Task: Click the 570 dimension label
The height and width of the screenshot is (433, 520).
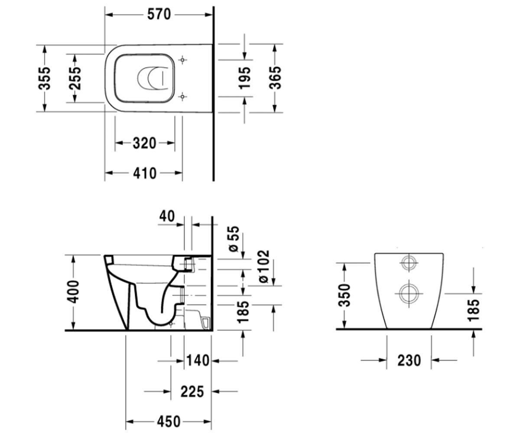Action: click(159, 14)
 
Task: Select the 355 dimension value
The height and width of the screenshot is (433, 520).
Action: click(45, 78)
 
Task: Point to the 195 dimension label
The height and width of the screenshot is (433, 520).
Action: click(244, 78)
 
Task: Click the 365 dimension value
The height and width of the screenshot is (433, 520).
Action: click(275, 78)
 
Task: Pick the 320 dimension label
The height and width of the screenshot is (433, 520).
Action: click(144, 143)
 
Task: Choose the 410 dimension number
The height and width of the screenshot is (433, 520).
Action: click(145, 173)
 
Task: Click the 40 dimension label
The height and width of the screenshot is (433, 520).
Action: click(167, 216)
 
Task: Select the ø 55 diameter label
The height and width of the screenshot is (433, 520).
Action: click(234, 239)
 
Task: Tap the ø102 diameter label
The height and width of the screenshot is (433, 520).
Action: click(264, 266)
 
